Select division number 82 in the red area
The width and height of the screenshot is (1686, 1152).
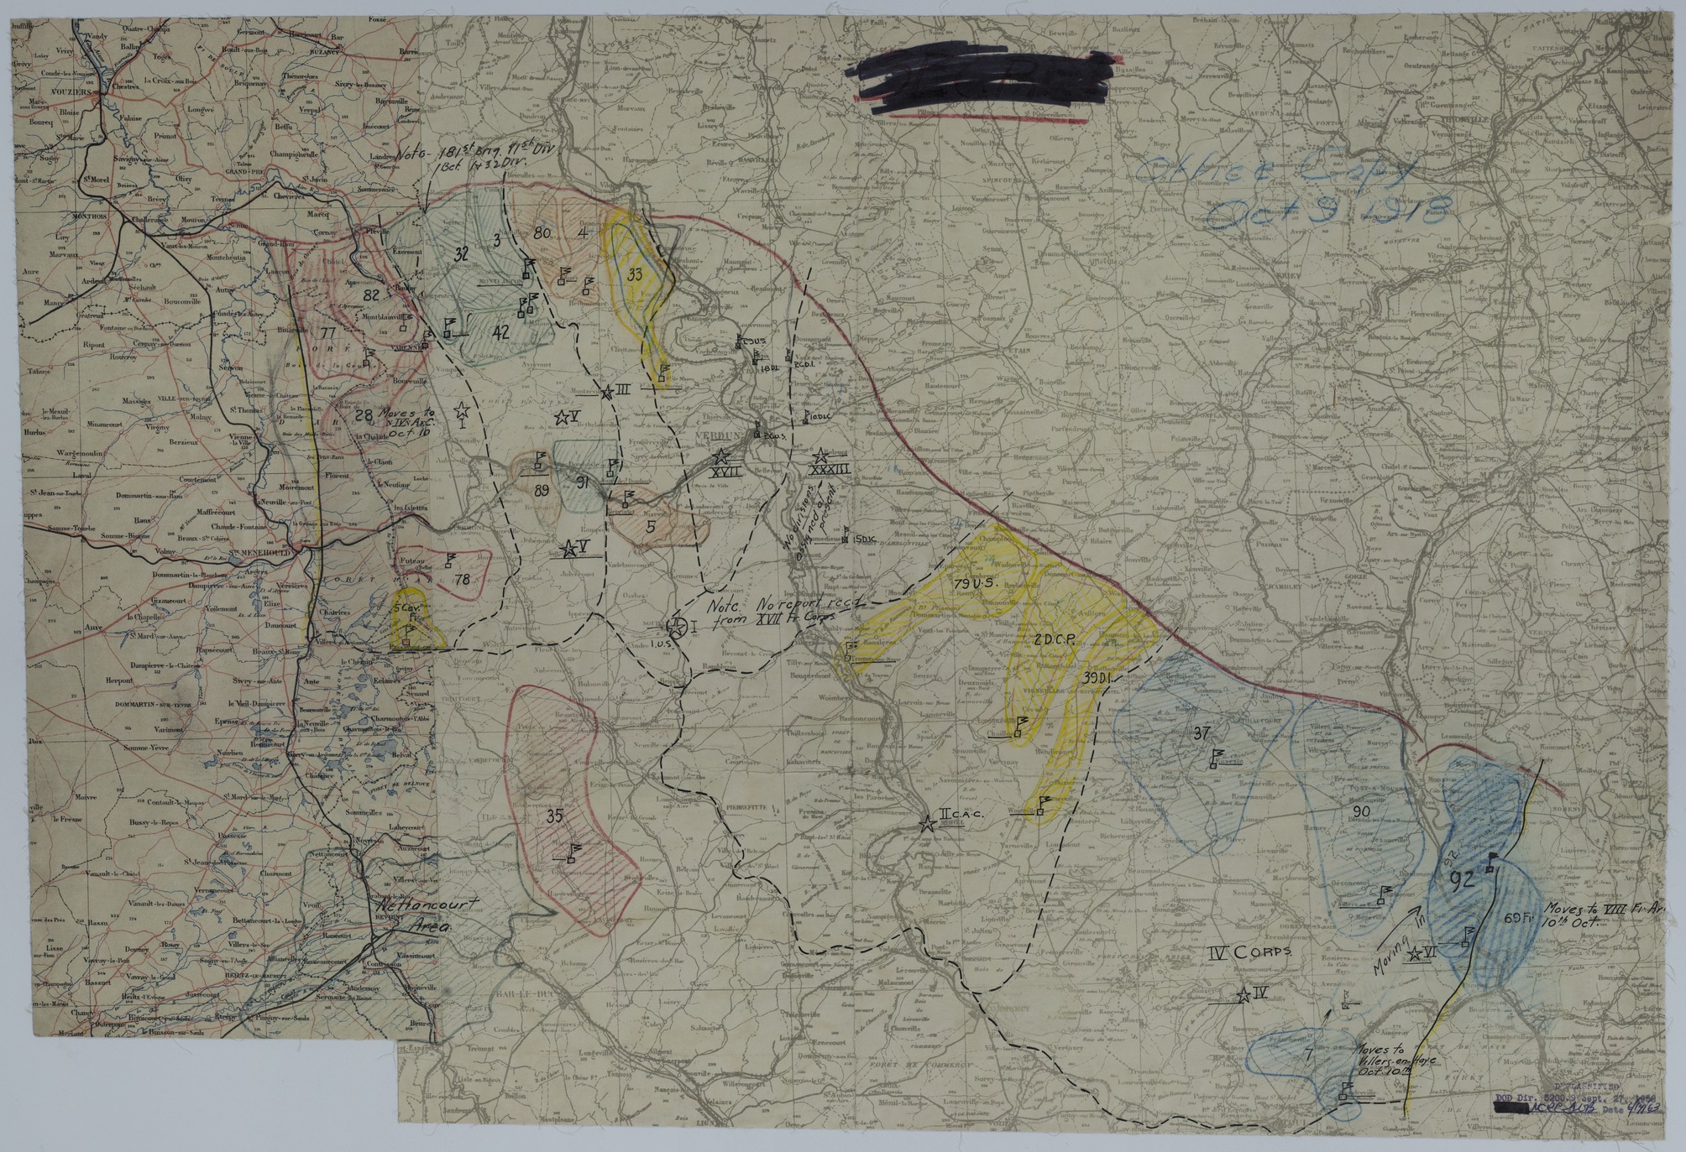coord(372,295)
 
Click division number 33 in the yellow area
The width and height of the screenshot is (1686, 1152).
coord(635,274)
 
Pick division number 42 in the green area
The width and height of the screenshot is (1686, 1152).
coord(500,332)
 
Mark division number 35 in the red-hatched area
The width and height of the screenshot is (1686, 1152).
coord(553,815)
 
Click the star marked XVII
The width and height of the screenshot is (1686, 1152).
coord(720,458)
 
